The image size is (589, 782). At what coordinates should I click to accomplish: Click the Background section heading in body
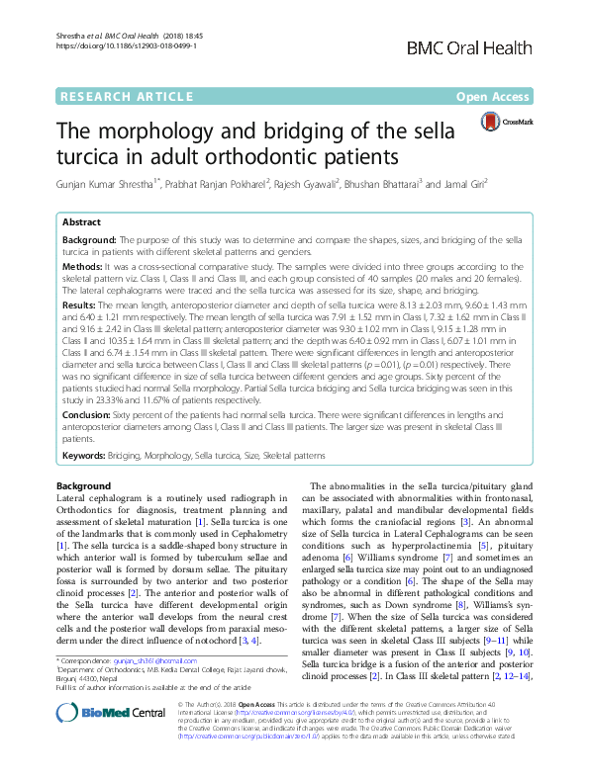(x=84, y=486)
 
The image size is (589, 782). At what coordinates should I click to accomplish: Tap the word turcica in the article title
(x=103, y=156)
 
